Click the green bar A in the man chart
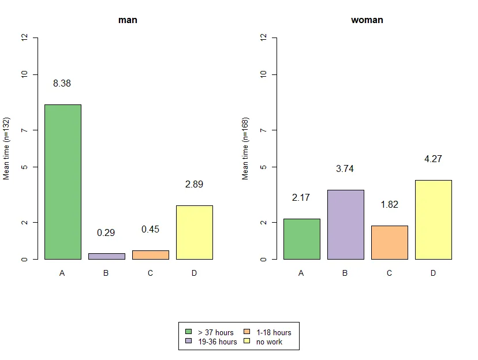[x=62, y=182]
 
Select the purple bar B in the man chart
[x=106, y=256]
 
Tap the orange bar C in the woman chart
[x=389, y=242]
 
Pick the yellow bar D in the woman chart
[x=433, y=219]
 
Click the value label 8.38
[x=62, y=84]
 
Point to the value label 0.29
[x=106, y=233]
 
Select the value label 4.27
[x=433, y=159]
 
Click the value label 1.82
[x=389, y=205]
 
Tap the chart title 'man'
[x=128, y=20]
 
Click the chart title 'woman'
[x=367, y=20]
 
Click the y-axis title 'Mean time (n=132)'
[x=7, y=148]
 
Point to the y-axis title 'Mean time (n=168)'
[x=245, y=148]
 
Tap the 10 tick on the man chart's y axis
[x=24, y=74]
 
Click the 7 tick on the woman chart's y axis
[x=263, y=130]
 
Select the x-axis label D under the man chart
[x=194, y=273]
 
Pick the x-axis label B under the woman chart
[x=345, y=273]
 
